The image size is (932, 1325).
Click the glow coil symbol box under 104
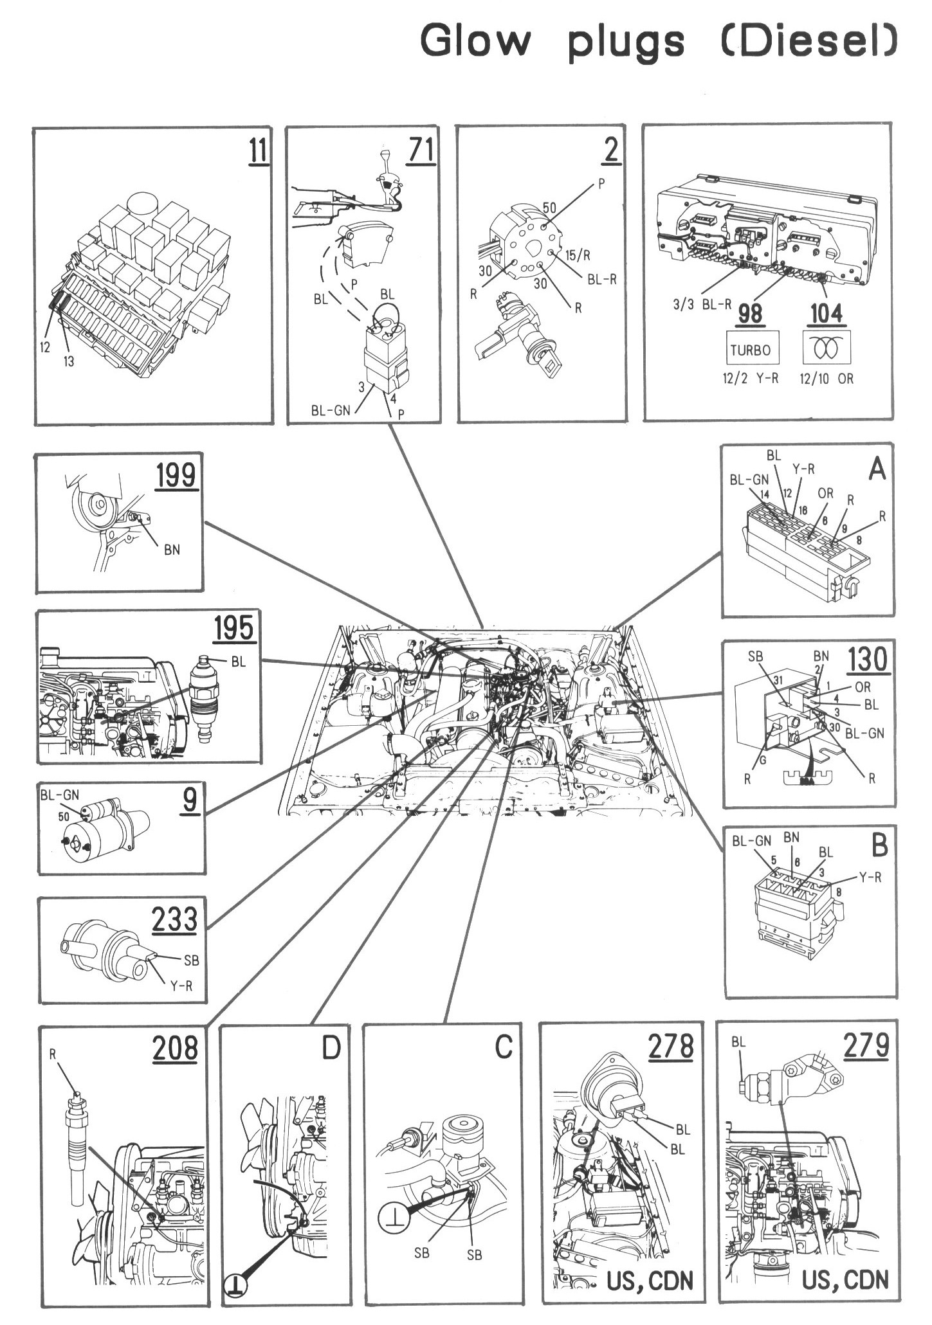[828, 348]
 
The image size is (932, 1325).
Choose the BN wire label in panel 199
[171, 550]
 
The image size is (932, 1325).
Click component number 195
[233, 628]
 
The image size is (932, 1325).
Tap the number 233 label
[174, 919]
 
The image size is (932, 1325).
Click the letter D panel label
[330, 1049]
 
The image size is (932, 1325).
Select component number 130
[866, 659]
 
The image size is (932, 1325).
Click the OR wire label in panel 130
[863, 687]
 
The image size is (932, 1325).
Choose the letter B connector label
[879, 846]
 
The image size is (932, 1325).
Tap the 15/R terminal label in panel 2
[577, 255]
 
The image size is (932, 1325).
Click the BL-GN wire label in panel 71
[331, 410]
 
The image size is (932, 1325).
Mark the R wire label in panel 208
[53, 1054]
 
